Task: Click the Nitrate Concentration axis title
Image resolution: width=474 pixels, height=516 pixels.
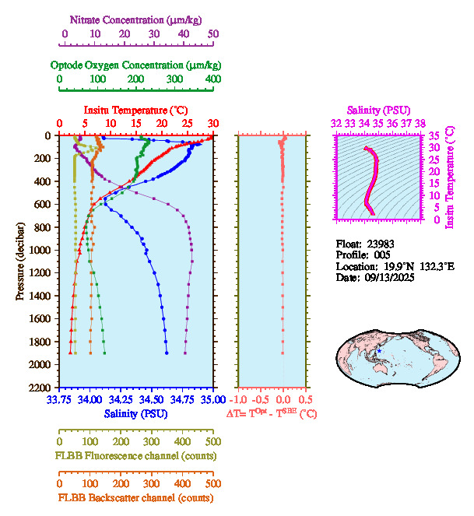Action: click(137, 18)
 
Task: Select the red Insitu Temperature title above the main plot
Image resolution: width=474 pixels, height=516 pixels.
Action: click(135, 110)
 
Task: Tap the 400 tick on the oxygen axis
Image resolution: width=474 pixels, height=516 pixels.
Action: click(212, 79)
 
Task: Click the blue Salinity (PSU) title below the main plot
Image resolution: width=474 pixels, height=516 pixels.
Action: click(135, 413)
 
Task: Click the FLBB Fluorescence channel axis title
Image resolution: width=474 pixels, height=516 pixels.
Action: click(135, 455)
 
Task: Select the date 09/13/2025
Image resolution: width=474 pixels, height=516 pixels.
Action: click(388, 278)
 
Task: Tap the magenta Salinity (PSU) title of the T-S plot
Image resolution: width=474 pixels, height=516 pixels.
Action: click(377, 111)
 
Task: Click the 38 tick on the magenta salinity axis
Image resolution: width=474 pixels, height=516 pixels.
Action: click(420, 123)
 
